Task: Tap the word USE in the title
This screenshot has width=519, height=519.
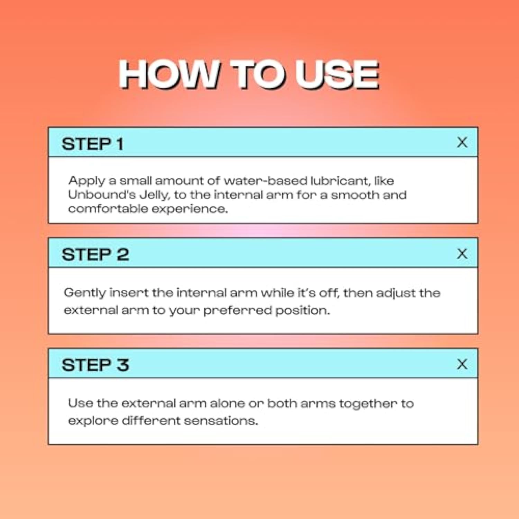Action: (x=337, y=74)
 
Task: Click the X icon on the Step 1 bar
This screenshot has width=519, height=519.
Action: (x=462, y=142)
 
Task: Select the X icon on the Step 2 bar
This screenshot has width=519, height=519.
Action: (x=462, y=254)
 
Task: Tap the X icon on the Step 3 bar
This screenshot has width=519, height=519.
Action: (x=462, y=364)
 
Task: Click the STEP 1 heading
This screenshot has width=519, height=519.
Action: (x=92, y=144)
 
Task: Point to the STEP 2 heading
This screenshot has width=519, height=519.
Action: (x=95, y=255)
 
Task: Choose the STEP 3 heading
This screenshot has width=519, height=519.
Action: (x=95, y=365)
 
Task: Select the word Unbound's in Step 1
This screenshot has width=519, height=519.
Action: (x=102, y=195)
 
